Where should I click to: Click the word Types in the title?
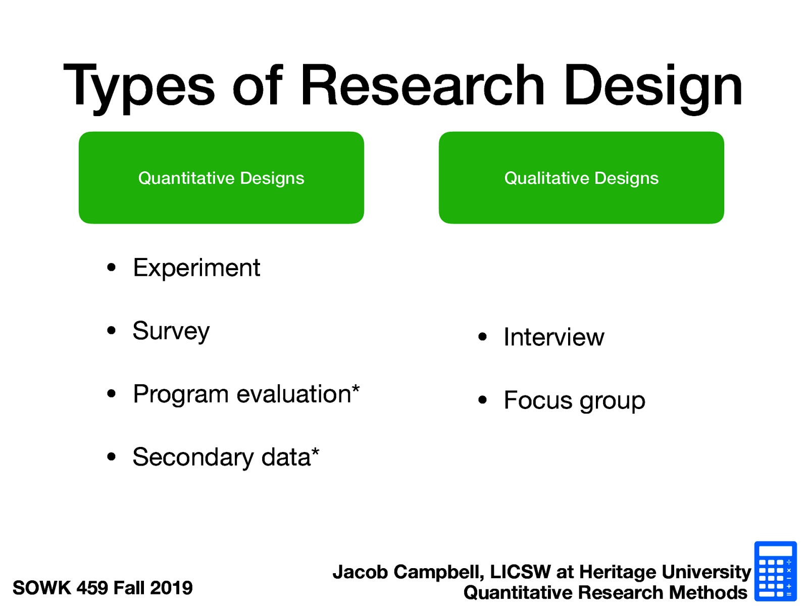click(x=139, y=86)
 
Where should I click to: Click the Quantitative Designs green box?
click(x=221, y=178)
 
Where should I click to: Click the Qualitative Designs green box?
click(x=581, y=178)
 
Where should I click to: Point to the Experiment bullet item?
click(x=196, y=268)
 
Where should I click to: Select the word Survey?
click(x=171, y=331)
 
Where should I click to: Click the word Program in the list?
click(x=180, y=394)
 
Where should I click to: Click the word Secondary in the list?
click(x=193, y=458)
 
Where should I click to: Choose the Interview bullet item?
click(x=553, y=337)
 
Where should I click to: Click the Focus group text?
click(x=574, y=400)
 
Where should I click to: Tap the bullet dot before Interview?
click(x=482, y=337)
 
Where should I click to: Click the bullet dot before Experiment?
click(x=112, y=268)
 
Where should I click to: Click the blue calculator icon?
click(x=775, y=571)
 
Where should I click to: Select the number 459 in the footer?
click(x=92, y=588)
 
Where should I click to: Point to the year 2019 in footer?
click(x=171, y=588)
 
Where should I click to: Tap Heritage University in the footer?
click(x=665, y=572)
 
